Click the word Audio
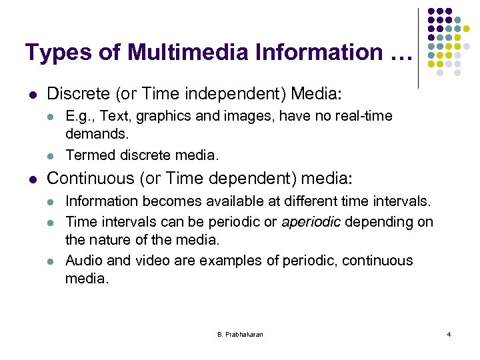[84, 260]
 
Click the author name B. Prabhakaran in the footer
[240, 334]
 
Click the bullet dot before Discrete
[33, 93]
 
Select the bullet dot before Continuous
[33, 179]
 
